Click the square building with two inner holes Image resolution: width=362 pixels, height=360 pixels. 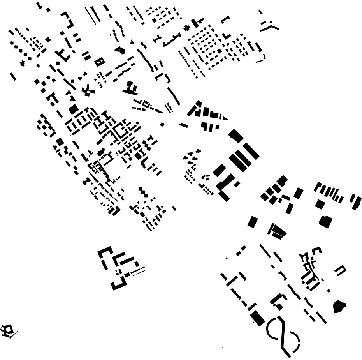100,62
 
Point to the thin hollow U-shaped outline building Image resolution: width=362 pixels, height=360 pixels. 340,270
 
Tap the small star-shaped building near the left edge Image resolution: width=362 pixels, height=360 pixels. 22,63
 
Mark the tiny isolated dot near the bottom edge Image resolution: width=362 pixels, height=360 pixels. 223,348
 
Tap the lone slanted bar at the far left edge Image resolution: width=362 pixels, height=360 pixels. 13,76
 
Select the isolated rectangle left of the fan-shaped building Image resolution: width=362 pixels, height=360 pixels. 253,222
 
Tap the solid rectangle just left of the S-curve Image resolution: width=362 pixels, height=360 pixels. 257,318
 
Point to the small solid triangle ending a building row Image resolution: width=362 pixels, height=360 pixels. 225,118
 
